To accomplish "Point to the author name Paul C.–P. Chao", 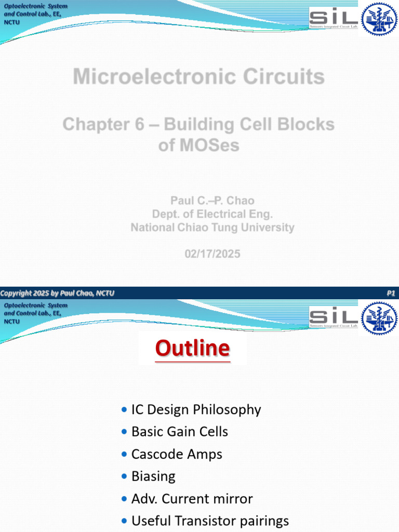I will pyautogui.click(x=212, y=201).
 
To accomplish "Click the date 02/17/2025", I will pyautogui.click(x=212, y=254).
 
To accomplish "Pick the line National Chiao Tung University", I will pyautogui.click(x=212, y=228).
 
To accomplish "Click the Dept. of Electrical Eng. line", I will pyautogui.click(x=212, y=214).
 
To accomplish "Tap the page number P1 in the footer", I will pyautogui.click(x=391, y=294).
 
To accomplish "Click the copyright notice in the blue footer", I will pyautogui.click(x=57, y=294).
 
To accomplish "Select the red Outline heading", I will pyautogui.click(x=192, y=348).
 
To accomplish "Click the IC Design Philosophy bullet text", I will pyautogui.click(x=196, y=410).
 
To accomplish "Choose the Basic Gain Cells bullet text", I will pyautogui.click(x=180, y=432).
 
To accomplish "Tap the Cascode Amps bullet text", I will pyautogui.click(x=177, y=454).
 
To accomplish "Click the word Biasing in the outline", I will pyautogui.click(x=153, y=476).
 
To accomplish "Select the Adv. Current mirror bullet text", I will pyautogui.click(x=192, y=499).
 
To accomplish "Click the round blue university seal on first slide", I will pyautogui.click(x=379, y=19).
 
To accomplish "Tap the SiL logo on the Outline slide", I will pyautogui.click(x=333, y=317).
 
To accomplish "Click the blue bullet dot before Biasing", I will pyautogui.click(x=123, y=476).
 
